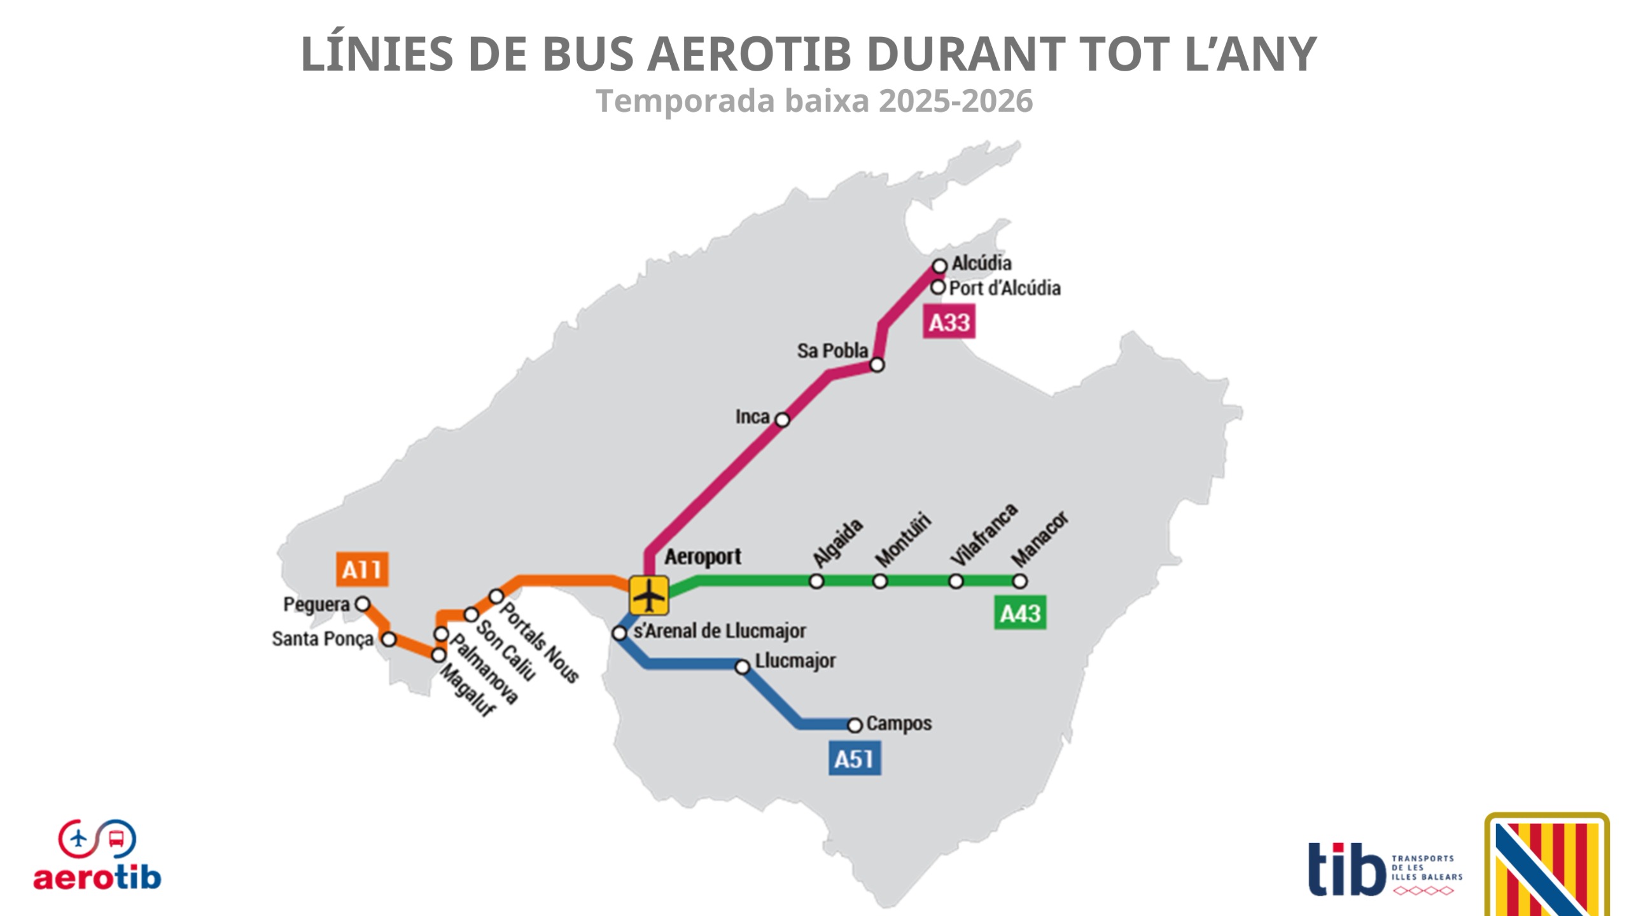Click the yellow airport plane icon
tap(649, 595)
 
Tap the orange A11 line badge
tap(362, 569)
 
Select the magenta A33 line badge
tap(949, 322)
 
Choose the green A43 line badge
tap(1020, 613)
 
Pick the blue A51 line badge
tap(854, 758)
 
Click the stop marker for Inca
tap(783, 420)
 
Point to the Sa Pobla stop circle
tap(877, 365)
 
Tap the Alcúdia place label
tap(981, 263)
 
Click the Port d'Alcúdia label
tap(1005, 288)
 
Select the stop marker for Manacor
tap(1019, 581)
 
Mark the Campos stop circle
tap(855, 725)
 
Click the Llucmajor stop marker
tap(743, 667)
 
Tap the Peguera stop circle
tap(363, 604)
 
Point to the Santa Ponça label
tap(323, 639)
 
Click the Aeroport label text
tap(703, 557)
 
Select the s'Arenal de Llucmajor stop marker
tap(620, 633)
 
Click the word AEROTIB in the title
tap(748, 53)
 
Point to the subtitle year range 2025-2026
tap(956, 101)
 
